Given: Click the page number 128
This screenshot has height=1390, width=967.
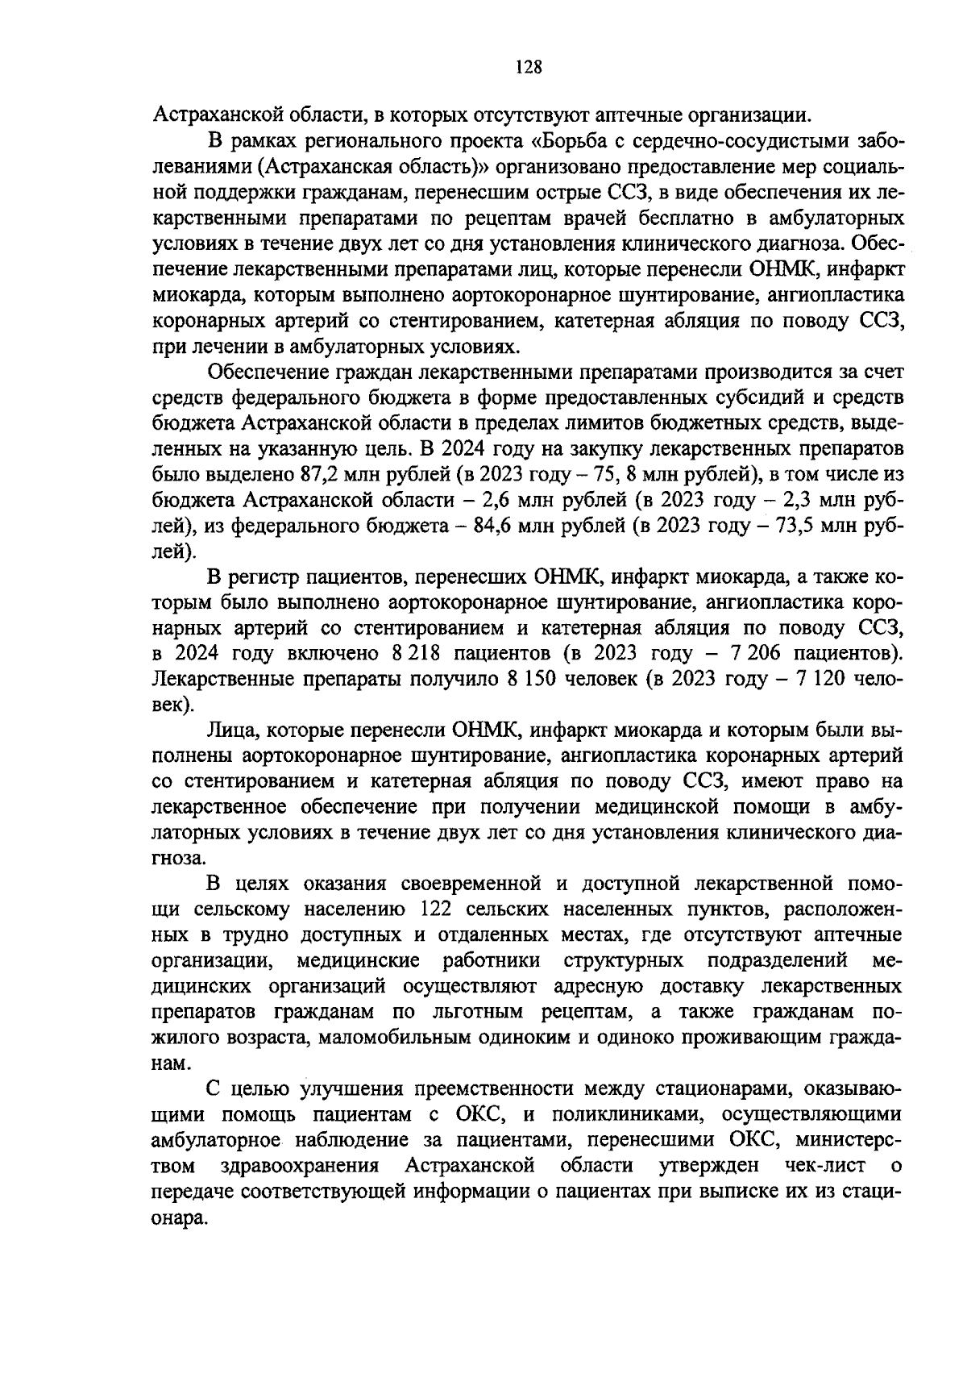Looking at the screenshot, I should click(528, 67).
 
